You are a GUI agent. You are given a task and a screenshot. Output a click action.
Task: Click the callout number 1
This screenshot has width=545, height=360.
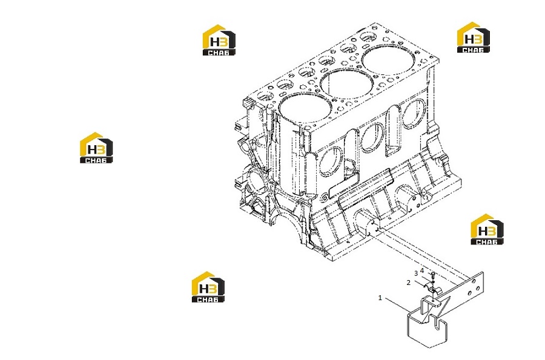[380, 298]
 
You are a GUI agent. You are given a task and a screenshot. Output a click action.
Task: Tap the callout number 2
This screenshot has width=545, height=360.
[408, 283]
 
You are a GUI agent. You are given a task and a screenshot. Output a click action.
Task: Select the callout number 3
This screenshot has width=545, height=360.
[415, 273]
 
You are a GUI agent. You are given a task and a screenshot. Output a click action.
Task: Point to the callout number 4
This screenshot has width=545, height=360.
[422, 270]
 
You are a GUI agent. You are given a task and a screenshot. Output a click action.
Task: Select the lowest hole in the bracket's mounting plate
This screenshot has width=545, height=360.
[470, 293]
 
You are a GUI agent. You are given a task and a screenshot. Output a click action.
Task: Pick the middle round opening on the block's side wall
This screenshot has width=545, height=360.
[372, 137]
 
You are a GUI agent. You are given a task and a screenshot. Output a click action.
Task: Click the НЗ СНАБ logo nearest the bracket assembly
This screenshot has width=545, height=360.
[487, 229]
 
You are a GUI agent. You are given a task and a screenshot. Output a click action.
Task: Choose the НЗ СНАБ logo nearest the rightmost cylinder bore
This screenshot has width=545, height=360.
[473, 38]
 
